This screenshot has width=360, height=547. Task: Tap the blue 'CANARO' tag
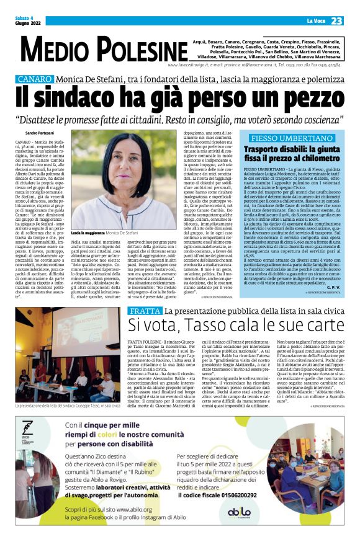(x=35, y=79)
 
